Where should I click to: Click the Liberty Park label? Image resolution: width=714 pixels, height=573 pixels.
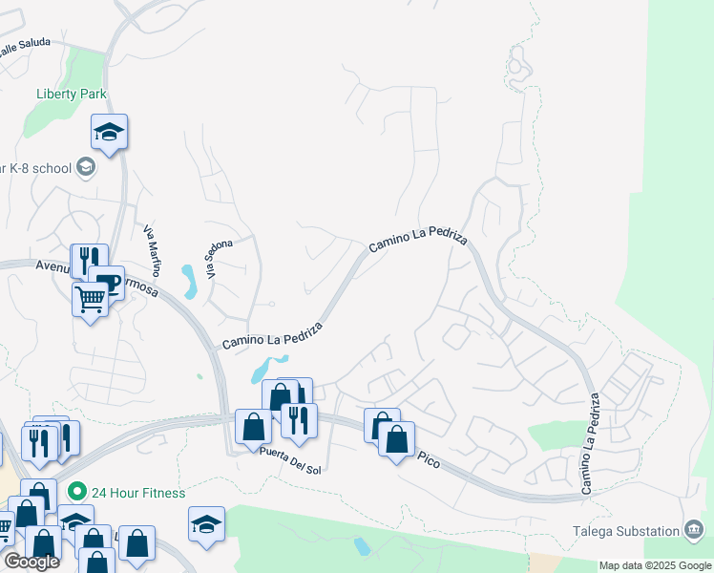pos(72,94)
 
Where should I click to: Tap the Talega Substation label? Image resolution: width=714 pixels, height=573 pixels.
pos(640,531)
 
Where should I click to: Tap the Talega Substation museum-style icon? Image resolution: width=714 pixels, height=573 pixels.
pos(694,530)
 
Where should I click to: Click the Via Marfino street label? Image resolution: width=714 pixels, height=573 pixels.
pos(153,250)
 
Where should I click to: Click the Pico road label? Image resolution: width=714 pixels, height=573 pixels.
pos(429,459)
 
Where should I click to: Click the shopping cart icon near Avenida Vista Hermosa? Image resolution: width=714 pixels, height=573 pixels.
pos(91,299)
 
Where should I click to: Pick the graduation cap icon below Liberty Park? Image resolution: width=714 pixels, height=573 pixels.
pos(110,132)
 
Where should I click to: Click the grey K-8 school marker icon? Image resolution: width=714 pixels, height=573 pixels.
pos(86,168)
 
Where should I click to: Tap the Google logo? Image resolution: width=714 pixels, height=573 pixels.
pos(31,562)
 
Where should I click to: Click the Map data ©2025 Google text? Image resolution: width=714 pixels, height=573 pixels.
pos(656,565)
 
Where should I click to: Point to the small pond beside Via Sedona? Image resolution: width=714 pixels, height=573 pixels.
pos(188,281)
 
